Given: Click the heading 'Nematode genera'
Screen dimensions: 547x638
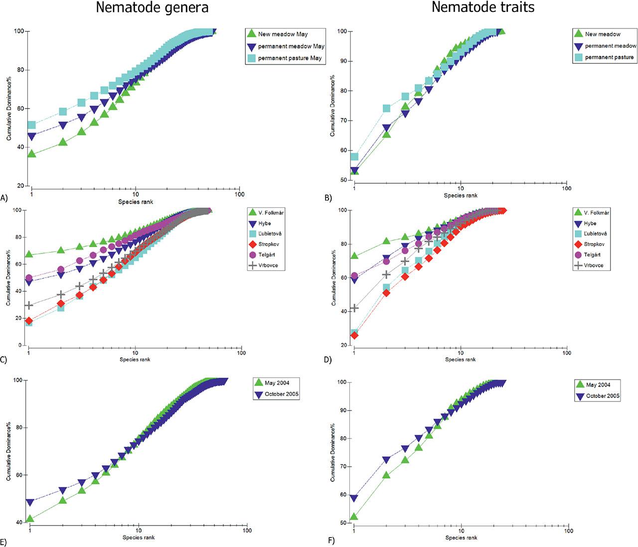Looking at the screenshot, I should point(152,8).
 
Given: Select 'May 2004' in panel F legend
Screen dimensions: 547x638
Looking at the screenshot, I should point(596,385).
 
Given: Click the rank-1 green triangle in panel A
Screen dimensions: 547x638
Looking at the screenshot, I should point(31,153).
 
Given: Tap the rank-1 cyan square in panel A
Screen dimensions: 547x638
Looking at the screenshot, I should point(31,125).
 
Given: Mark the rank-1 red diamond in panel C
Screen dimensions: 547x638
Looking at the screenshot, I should point(29,321).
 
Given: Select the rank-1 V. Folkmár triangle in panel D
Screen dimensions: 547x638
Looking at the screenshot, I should point(354,256).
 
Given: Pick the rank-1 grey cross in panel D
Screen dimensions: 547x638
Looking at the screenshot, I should point(354,308).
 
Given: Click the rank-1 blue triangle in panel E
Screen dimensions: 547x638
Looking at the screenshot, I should point(30,502).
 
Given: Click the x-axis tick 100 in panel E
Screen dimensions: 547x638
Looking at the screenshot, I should point(247,530).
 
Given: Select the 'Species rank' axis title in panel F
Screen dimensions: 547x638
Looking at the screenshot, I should point(461,538).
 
